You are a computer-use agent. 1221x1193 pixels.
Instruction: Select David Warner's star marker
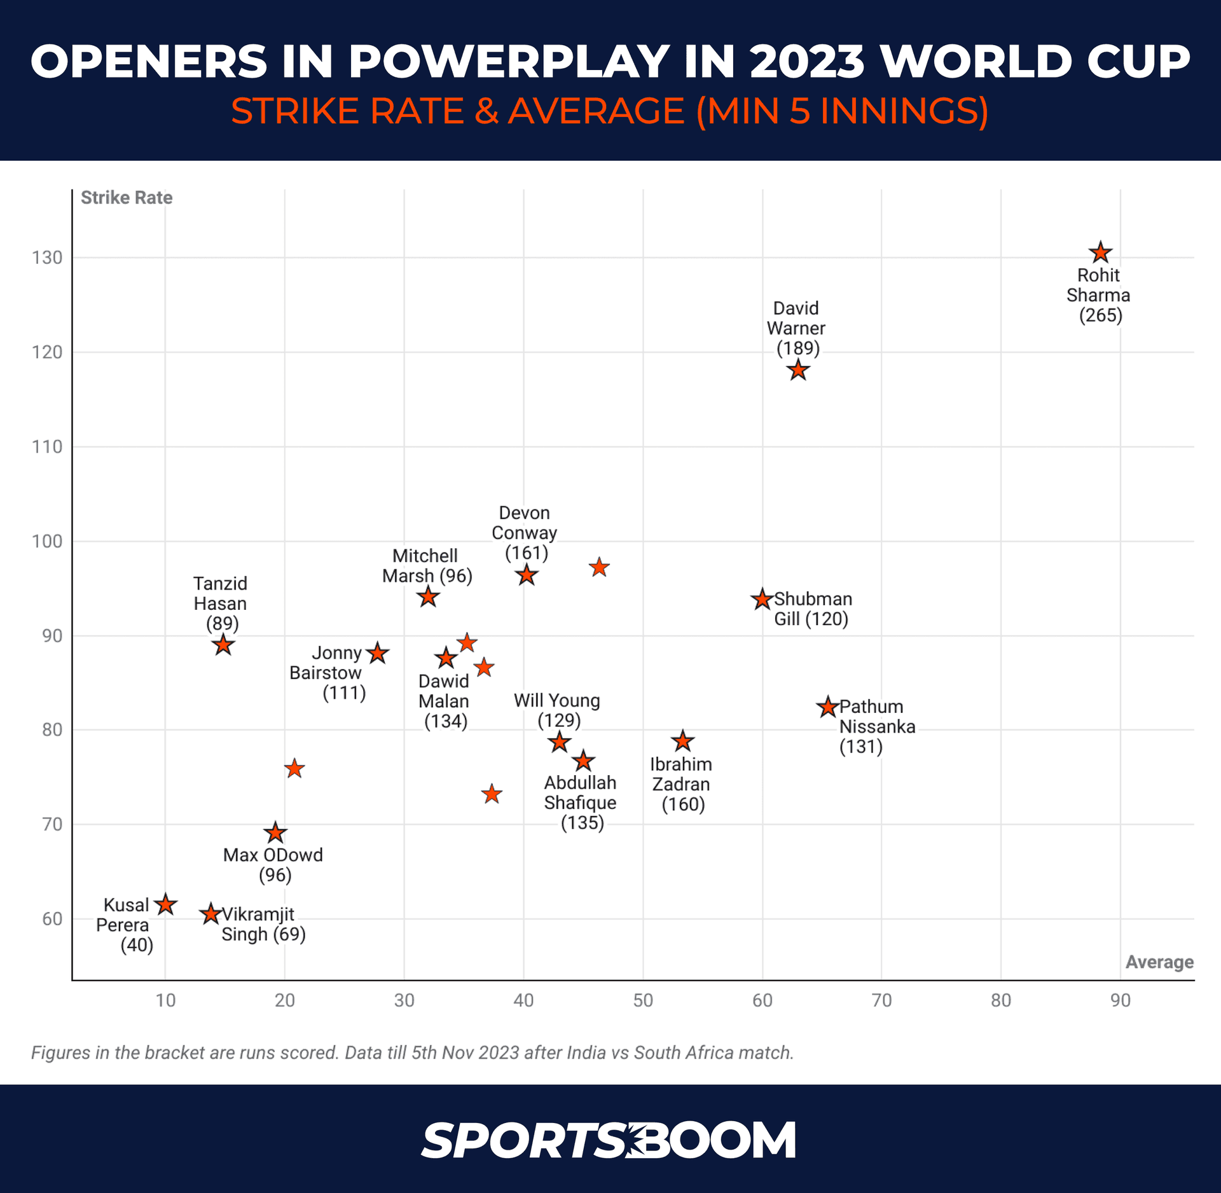click(x=798, y=369)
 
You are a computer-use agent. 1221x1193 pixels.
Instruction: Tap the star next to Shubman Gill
click(x=762, y=599)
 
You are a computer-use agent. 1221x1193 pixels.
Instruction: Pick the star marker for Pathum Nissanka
click(x=827, y=707)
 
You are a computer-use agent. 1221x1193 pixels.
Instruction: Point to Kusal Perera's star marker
click(x=166, y=904)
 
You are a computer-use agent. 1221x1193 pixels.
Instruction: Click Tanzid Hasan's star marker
click(x=223, y=645)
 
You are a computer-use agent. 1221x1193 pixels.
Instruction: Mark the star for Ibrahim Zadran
click(x=683, y=740)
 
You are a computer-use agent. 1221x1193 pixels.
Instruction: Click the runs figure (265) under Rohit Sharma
click(x=1101, y=315)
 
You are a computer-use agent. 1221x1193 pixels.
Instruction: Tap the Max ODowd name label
click(x=273, y=855)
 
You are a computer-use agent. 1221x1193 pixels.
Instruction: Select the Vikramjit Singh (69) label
click(x=263, y=924)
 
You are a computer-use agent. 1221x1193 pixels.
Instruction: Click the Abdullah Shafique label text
click(x=580, y=792)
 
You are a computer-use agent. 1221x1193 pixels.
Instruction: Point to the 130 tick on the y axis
click(x=48, y=258)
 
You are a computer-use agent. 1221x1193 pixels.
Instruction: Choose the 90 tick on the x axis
click(x=1121, y=1000)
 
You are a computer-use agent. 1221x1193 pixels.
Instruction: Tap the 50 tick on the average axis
click(x=643, y=1000)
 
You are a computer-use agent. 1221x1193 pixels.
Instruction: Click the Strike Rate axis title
click(x=127, y=198)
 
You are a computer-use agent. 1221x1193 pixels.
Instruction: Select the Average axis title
click(x=1159, y=962)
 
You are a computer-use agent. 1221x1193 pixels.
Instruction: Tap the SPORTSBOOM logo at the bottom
click(x=609, y=1140)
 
